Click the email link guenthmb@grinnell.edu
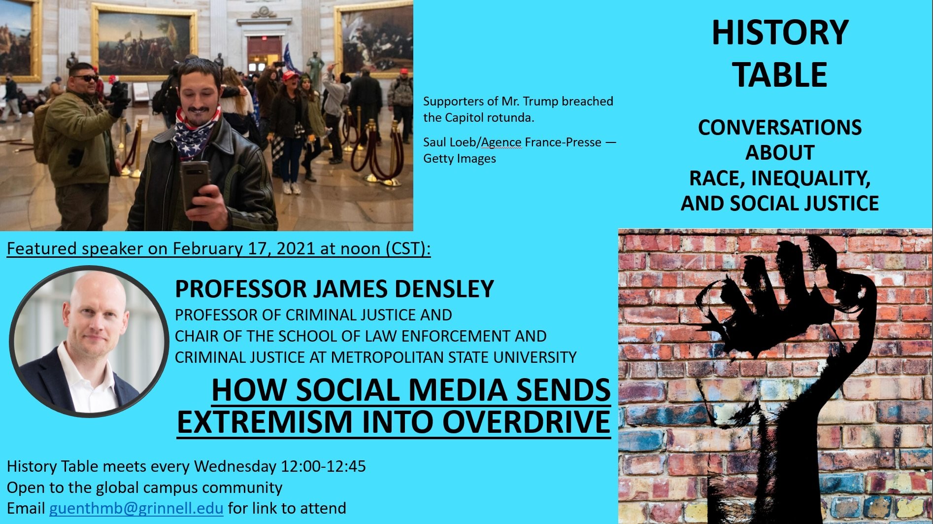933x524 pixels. click(136, 508)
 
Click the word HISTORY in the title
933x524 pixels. click(780, 33)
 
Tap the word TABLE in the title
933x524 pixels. click(780, 75)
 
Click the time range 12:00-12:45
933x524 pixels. click(324, 466)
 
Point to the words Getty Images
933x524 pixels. click(460, 159)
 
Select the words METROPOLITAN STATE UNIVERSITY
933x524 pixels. click(453, 357)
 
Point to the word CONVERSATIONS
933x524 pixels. click(780, 128)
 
